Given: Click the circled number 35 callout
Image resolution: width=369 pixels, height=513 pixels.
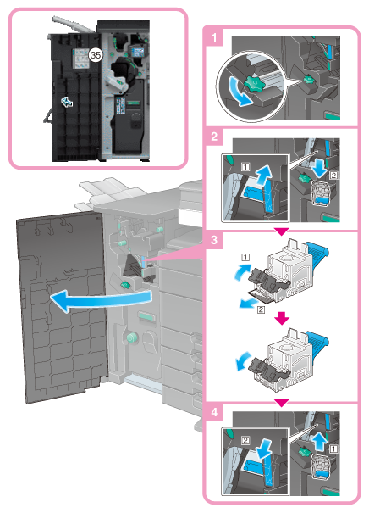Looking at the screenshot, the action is tap(95, 55).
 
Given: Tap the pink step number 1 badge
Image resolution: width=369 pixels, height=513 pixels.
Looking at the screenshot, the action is tap(214, 38).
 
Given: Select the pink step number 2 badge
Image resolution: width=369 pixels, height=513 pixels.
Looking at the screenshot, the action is tap(214, 137).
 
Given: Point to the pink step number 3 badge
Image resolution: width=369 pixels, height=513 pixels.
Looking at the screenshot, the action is tap(214, 240).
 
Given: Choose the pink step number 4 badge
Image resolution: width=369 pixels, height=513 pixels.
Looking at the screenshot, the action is tap(214, 412).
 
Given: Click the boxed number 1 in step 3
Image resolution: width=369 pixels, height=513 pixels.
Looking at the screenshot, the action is tap(245, 258).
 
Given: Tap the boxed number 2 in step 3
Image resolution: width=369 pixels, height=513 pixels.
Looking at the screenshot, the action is tap(261, 309).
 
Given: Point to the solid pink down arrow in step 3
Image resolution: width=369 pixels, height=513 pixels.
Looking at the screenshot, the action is tap(282, 318).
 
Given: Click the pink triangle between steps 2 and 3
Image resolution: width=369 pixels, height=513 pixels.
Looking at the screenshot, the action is tap(282, 232).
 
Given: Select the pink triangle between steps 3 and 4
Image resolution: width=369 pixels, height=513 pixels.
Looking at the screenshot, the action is tap(282, 403).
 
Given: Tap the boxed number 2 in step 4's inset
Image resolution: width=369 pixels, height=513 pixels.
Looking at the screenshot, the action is tap(245, 441).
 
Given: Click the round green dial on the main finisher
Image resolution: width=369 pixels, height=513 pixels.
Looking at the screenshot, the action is tap(131, 337).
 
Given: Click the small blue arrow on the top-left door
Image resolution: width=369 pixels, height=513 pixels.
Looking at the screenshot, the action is tap(67, 103).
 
